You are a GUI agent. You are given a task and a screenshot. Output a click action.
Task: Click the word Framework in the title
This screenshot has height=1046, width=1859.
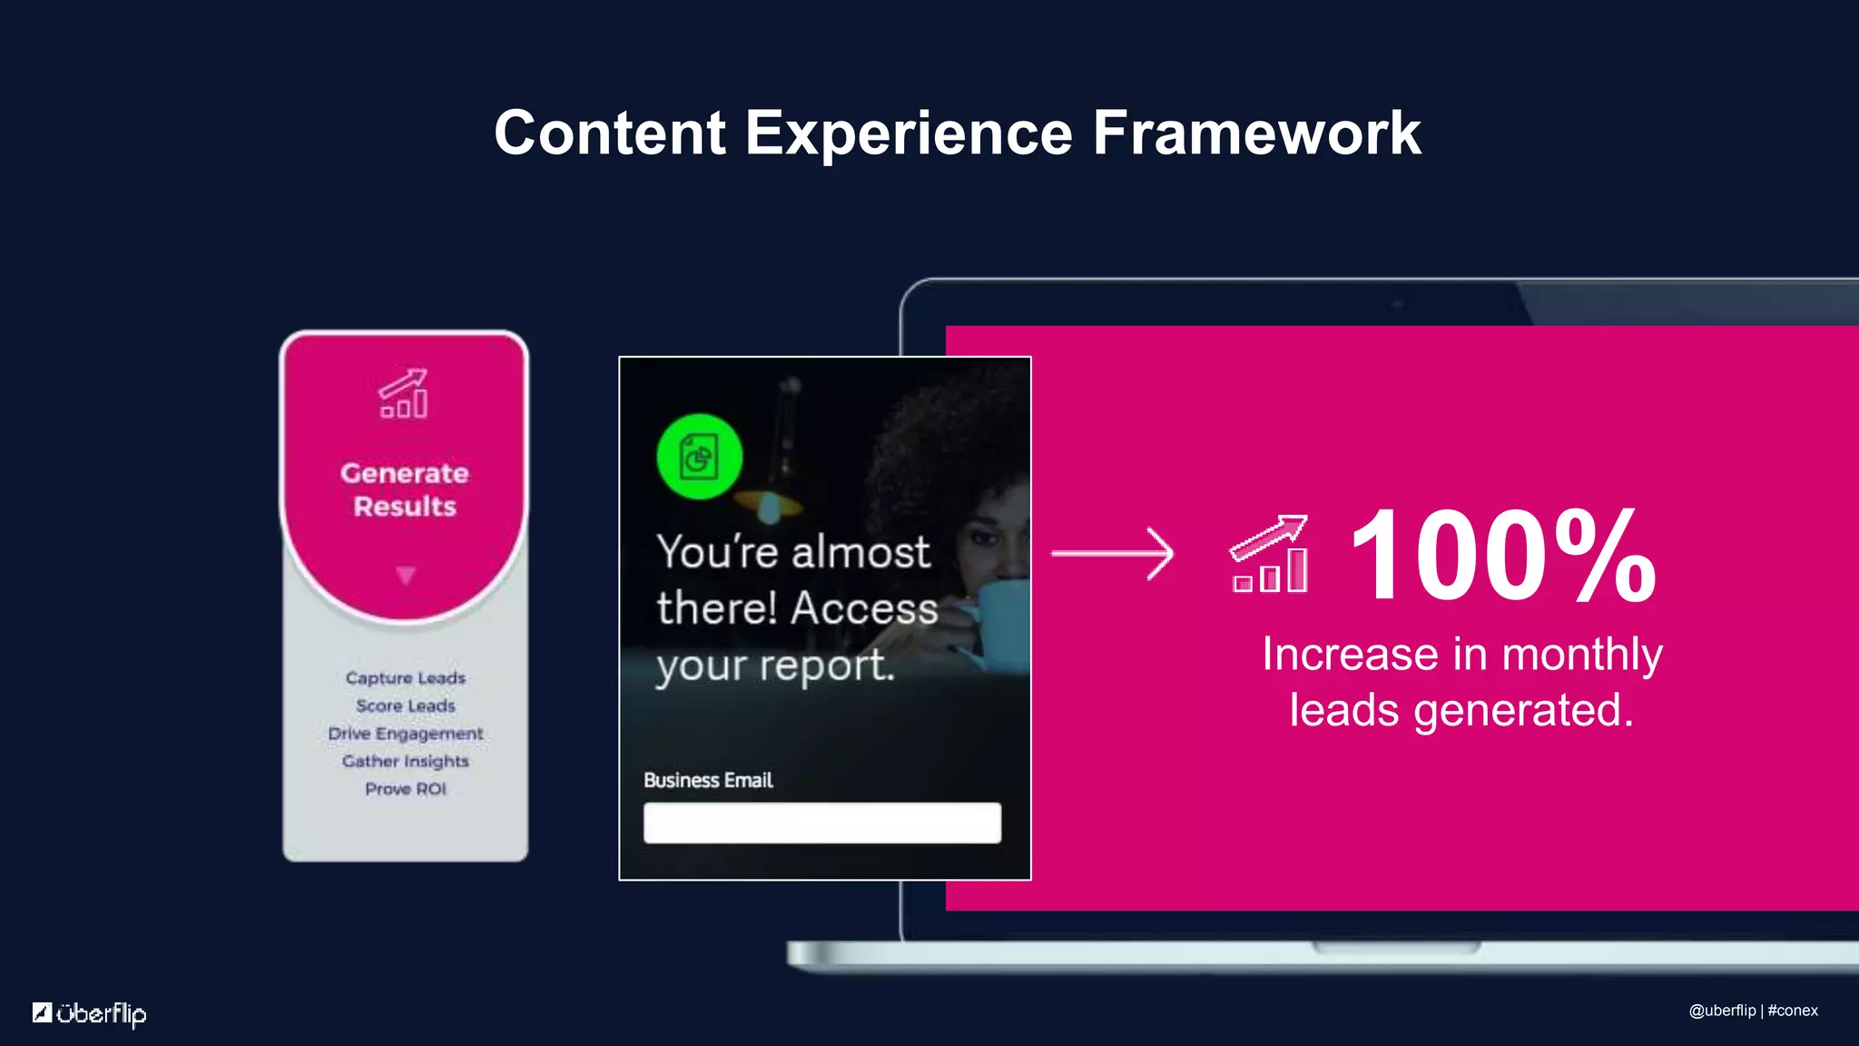[x=1256, y=133]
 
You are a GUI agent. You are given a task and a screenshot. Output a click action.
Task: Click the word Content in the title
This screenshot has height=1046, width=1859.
[x=609, y=133]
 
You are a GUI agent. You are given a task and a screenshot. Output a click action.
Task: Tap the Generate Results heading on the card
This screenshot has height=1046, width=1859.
[x=405, y=489]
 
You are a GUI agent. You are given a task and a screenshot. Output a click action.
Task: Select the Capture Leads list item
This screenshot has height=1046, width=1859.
[x=405, y=678]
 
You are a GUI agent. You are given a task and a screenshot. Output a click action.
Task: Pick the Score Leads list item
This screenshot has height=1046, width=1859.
[x=405, y=706]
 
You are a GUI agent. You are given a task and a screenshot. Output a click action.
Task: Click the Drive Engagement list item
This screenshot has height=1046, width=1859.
[x=405, y=734]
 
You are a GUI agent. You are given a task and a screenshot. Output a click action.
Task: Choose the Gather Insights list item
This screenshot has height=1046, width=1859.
[x=405, y=761]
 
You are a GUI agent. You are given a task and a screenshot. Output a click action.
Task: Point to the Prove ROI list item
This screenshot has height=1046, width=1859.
[x=405, y=789]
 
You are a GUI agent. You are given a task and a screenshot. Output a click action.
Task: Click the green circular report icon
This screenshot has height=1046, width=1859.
[x=699, y=457]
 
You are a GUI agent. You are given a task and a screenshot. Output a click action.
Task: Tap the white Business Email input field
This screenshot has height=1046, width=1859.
[x=821, y=823]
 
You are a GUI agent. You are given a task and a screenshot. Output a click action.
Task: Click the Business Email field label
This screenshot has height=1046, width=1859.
[x=708, y=780]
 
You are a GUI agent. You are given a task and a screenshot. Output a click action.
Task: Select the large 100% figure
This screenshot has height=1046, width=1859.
[x=1502, y=556]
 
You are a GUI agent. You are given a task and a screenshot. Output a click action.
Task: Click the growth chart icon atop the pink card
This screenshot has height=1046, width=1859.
[x=404, y=393]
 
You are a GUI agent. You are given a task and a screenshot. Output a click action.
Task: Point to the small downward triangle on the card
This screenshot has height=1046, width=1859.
[x=406, y=576]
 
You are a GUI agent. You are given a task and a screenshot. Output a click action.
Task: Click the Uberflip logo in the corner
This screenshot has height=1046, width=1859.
[x=89, y=1012]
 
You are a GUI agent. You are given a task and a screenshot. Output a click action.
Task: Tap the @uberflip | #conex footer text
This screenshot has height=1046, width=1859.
[x=1753, y=1011]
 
